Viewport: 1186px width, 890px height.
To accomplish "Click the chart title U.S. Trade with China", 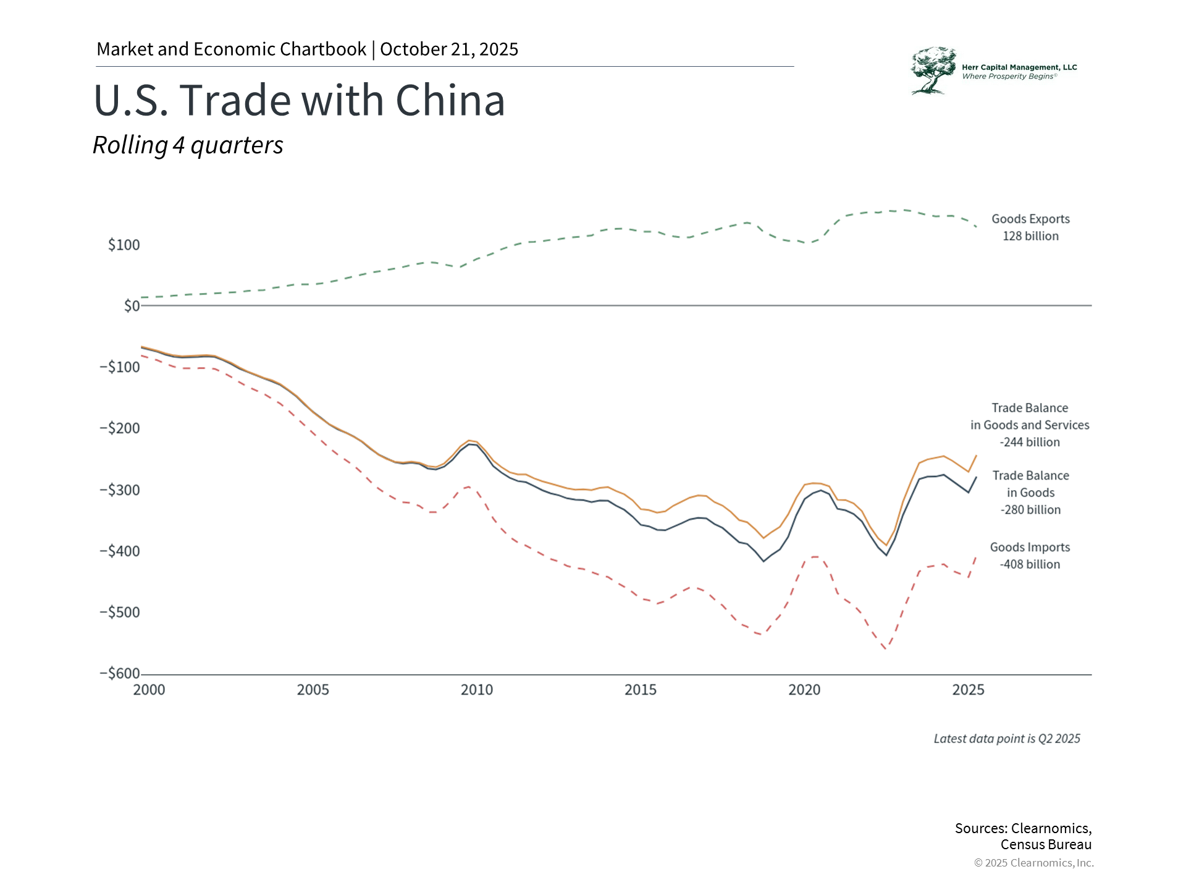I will [300, 100].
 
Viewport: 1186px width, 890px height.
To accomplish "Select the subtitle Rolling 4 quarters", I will [188, 145].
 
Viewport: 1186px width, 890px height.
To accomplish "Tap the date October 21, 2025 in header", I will [449, 49].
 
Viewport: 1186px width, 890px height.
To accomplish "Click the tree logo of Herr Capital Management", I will [932, 70].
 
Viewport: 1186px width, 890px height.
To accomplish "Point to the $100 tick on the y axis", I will [124, 245].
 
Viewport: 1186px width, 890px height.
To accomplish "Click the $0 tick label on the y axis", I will [132, 306].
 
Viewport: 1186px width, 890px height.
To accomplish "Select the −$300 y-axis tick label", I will [120, 489].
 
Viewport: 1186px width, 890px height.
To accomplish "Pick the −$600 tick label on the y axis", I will [120, 673].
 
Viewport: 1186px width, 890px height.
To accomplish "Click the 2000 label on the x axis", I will [149, 690].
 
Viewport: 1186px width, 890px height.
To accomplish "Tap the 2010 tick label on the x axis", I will [477, 690].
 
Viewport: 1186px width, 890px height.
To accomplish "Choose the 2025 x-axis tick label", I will [968, 690].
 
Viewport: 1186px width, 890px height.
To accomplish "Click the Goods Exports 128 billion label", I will [1030, 227].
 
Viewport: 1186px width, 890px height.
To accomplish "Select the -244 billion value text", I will [1030, 442].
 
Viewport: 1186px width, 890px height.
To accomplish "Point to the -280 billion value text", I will [1030, 510].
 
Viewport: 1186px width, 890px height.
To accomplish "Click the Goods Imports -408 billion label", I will [1030, 556].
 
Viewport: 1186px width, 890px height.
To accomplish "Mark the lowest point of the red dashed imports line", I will [886, 649].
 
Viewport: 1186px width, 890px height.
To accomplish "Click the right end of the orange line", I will [976, 456].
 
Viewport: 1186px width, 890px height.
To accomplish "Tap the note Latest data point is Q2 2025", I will [1007, 739].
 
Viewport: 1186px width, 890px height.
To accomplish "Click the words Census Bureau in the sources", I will [1046, 844].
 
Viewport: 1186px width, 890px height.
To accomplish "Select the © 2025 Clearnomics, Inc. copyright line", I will [1033, 863].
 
